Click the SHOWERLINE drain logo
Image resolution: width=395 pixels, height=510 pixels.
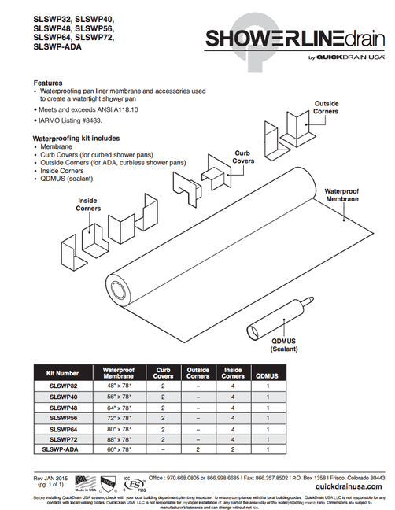pos(295,40)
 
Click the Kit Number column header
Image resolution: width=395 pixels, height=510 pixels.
pos(63,374)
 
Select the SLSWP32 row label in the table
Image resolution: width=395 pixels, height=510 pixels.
pos(63,386)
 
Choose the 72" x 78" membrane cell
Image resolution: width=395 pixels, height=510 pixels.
pos(119,418)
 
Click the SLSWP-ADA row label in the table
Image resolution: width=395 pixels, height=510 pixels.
pos(63,449)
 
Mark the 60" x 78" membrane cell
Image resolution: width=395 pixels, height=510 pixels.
pos(119,449)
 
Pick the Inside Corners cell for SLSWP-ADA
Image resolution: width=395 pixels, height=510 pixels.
pos(233,449)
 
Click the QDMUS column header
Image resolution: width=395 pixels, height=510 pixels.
pos(268,374)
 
